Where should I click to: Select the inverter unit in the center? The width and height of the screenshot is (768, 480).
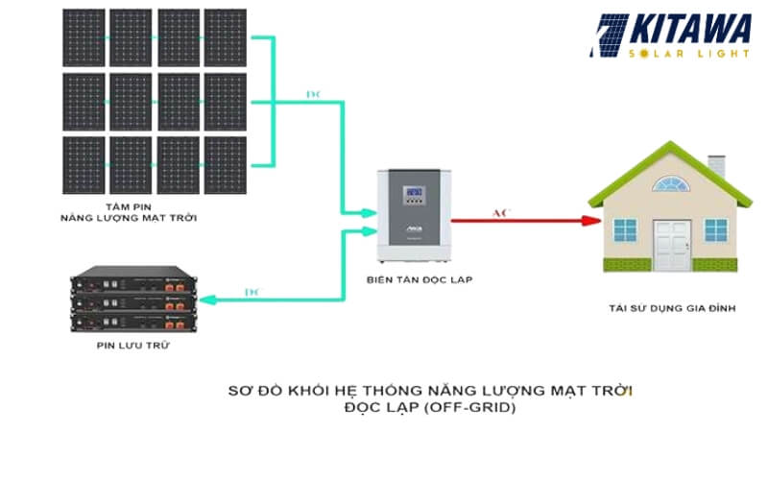[x=414, y=217]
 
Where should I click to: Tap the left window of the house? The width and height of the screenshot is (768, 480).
[x=625, y=230]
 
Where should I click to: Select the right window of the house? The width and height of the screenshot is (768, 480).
[x=715, y=230]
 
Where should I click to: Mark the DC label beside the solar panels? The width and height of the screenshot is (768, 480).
[x=312, y=94]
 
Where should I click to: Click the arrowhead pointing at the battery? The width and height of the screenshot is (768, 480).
[x=206, y=300]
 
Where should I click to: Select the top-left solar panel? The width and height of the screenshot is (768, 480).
[x=84, y=36]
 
